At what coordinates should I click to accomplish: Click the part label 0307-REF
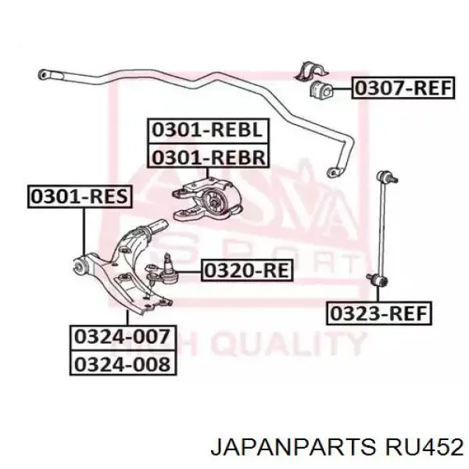tap(403, 88)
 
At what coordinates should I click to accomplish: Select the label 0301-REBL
tap(207, 130)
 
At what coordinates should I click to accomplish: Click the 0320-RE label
tap(246, 271)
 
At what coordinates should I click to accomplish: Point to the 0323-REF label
tap(378, 313)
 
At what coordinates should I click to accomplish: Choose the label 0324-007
tap(121, 338)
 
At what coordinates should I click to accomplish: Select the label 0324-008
tap(121, 364)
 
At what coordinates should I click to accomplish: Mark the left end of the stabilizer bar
tap(44, 74)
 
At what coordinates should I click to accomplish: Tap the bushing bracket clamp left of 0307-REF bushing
tap(303, 71)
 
